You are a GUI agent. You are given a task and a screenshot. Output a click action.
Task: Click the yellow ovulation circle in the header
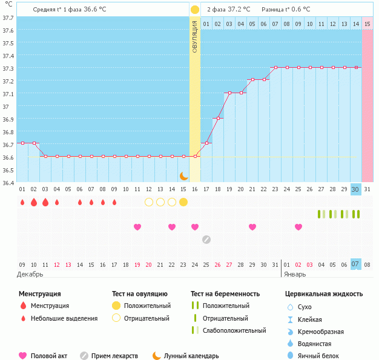(x=194, y=10)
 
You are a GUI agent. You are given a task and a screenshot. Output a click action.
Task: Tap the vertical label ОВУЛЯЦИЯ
(x=195, y=36)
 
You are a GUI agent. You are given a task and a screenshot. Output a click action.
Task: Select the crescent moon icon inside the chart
(x=184, y=176)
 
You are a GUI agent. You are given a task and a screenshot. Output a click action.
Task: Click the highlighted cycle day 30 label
(x=356, y=189)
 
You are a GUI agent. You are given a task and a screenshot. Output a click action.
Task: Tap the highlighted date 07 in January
(x=356, y=264)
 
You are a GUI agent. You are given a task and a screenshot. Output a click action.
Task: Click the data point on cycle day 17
(x=207, y=143)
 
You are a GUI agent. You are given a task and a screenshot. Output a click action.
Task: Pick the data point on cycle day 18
(x=218, y=118)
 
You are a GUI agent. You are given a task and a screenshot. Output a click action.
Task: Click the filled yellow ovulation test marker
(x=183, y=201)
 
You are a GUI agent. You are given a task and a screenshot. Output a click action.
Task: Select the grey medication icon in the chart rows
(x=206, y=240)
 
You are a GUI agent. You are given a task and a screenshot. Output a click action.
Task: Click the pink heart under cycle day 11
(x=137, y=227)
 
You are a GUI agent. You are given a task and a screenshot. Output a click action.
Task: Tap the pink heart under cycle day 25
(x=298, y=227)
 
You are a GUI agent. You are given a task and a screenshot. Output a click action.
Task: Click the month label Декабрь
(x=30, y=274)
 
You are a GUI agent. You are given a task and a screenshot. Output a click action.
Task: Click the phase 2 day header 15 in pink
(x=367, y=24)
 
